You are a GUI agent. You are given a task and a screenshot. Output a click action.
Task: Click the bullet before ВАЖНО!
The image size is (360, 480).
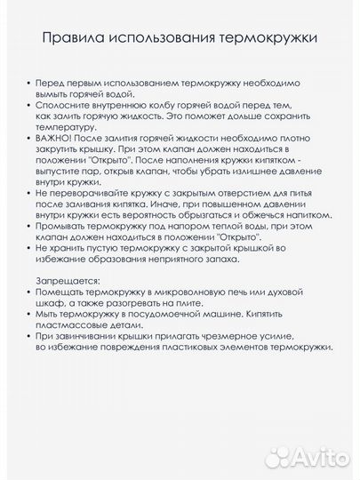[29, 138]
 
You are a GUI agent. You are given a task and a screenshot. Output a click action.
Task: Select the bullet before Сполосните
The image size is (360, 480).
[29, 104]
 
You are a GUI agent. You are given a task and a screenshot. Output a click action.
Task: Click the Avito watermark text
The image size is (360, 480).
[320, 457]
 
